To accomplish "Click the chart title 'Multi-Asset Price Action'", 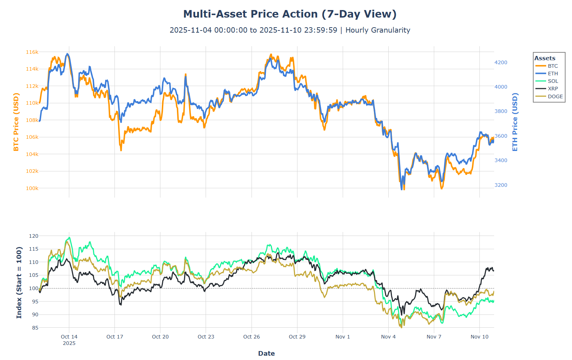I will pyautogui.click(x=290, y=14).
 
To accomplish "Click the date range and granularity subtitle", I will pyautogui.click(x=290, y=30).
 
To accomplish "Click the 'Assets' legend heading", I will pyautogui.click(x=545, y=58).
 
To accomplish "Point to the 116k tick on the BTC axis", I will pyautogui.click(x=32, y=52).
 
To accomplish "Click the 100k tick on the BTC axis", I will pyautogui.click(x=32, y=188).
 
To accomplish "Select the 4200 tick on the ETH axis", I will pyautogui.click(x=501, y=62).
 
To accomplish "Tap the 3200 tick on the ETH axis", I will pyautogui.click(x=501, y=185).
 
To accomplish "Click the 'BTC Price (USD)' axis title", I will pyautogui.click(x=16, y=122).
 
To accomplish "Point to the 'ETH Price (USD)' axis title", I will pyautogui.click(x=515, y=122).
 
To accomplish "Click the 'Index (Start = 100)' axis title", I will pyautogui.click(x=19, y=282).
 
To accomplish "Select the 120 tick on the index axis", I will pyautogui.click(x=34, y=236).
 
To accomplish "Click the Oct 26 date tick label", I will pyautogui.click(x=252, y=337).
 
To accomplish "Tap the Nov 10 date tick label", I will pyautogui.click(x=479, y=337).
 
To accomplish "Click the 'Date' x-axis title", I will pyautogui.click(x=266, y=353).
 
